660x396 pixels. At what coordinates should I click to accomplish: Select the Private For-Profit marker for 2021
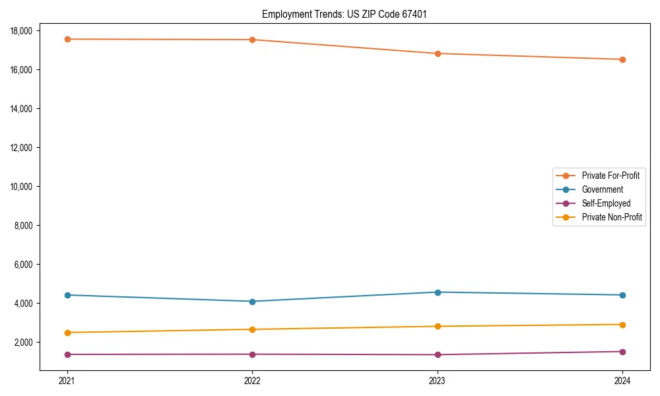click(x=67, y=39)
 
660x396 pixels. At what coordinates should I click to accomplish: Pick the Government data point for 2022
click(x=252, y=302)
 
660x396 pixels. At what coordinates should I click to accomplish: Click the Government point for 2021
click(x=67, y=295)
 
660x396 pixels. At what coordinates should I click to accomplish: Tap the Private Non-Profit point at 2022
click(x=252, y=329)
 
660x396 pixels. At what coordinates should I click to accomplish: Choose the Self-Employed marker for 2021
click(x=67, y=354)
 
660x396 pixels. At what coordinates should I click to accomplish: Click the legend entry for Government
click(x=602, y=189)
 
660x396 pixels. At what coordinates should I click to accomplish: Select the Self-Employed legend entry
click(x=606, y=203)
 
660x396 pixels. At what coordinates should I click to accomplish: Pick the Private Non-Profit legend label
click(x=612, y=217)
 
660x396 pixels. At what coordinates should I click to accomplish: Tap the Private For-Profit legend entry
click(x=610, y=176)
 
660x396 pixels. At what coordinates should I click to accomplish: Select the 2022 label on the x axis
click(x=252, y=380)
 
